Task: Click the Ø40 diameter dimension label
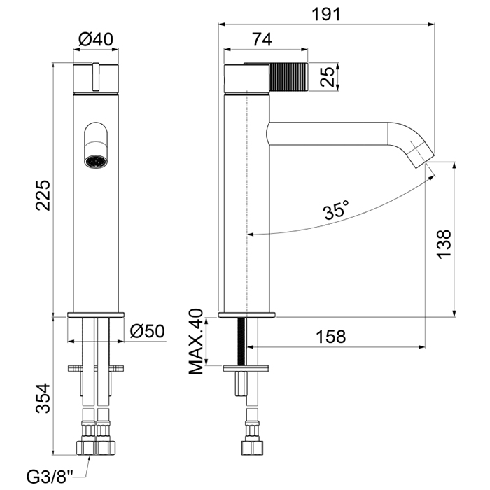(96, 40)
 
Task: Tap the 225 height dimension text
(43, 195)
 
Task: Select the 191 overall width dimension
(327, 15)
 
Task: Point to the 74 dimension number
(262, 40)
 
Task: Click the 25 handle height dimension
(328, 76)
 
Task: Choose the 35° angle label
(336, 210)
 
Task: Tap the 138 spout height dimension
(444, 244)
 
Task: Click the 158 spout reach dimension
(331, 337)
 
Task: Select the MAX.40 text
(196, 342)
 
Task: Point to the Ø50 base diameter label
(147, 331)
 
